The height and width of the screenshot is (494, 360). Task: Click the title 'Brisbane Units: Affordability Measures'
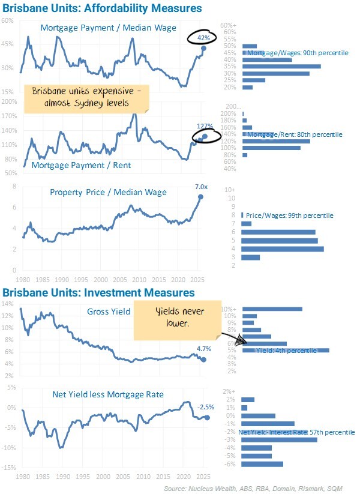[102, 8]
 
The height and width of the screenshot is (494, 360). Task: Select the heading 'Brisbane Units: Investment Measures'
[98, 292]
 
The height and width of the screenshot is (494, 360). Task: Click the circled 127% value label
[205, 127]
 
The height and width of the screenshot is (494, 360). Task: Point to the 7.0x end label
[200, 187]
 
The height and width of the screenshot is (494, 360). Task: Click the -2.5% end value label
[205, 407]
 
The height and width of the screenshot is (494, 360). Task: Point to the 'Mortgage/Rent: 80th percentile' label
[294, 134]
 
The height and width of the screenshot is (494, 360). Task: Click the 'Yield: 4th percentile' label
[286, 351]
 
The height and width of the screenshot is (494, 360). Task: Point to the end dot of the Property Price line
[200, 197]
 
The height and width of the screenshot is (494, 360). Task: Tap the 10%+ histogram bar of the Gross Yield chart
[272, 309]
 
